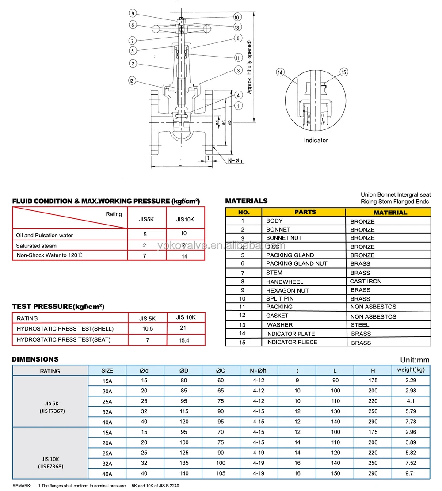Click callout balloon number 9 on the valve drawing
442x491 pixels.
click(x=133, y=13)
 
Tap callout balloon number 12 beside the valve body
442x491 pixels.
click(x=132, y=80)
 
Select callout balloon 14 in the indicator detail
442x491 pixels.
click(x=280, y=72)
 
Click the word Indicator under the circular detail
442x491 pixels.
click(x=316, y=140)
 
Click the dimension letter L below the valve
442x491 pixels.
click(x=179, y=163)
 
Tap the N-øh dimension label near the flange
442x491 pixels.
click(x=236, y=160)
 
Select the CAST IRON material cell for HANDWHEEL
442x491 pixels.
click(x=366, y=281)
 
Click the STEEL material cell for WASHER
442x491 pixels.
click(x=360, y=324)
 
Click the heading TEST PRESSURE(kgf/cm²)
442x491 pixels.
click(x=58, y=307)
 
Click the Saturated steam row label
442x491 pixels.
click(x=36, y=246)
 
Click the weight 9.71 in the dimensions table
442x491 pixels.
click(x=411, y=473)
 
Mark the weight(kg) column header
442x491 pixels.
click(x=411, y=369)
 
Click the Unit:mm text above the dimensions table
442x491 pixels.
click(x=415, y=360)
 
